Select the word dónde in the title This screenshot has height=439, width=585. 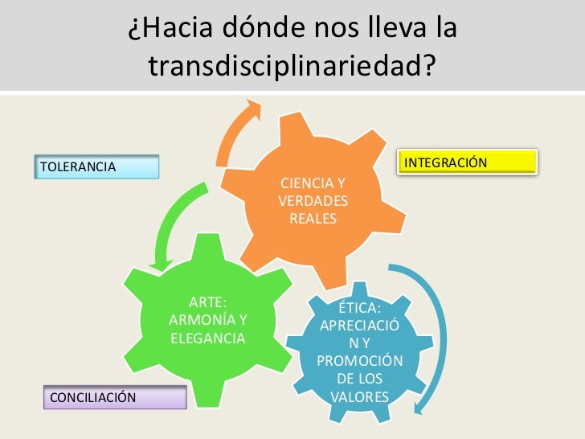[265, 31]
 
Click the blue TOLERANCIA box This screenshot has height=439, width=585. [97, 166]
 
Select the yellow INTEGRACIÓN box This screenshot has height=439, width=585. [467, 162]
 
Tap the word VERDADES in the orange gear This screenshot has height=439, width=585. [313, 201]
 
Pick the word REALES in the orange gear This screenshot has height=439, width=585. [313, 219]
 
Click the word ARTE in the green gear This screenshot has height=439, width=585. [207, 303]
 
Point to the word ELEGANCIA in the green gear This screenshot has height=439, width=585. [207, 338]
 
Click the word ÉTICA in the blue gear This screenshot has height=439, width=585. [359, 310]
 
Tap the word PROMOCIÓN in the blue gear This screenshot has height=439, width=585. [360, 361]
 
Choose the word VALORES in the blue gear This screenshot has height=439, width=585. [360, 396]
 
